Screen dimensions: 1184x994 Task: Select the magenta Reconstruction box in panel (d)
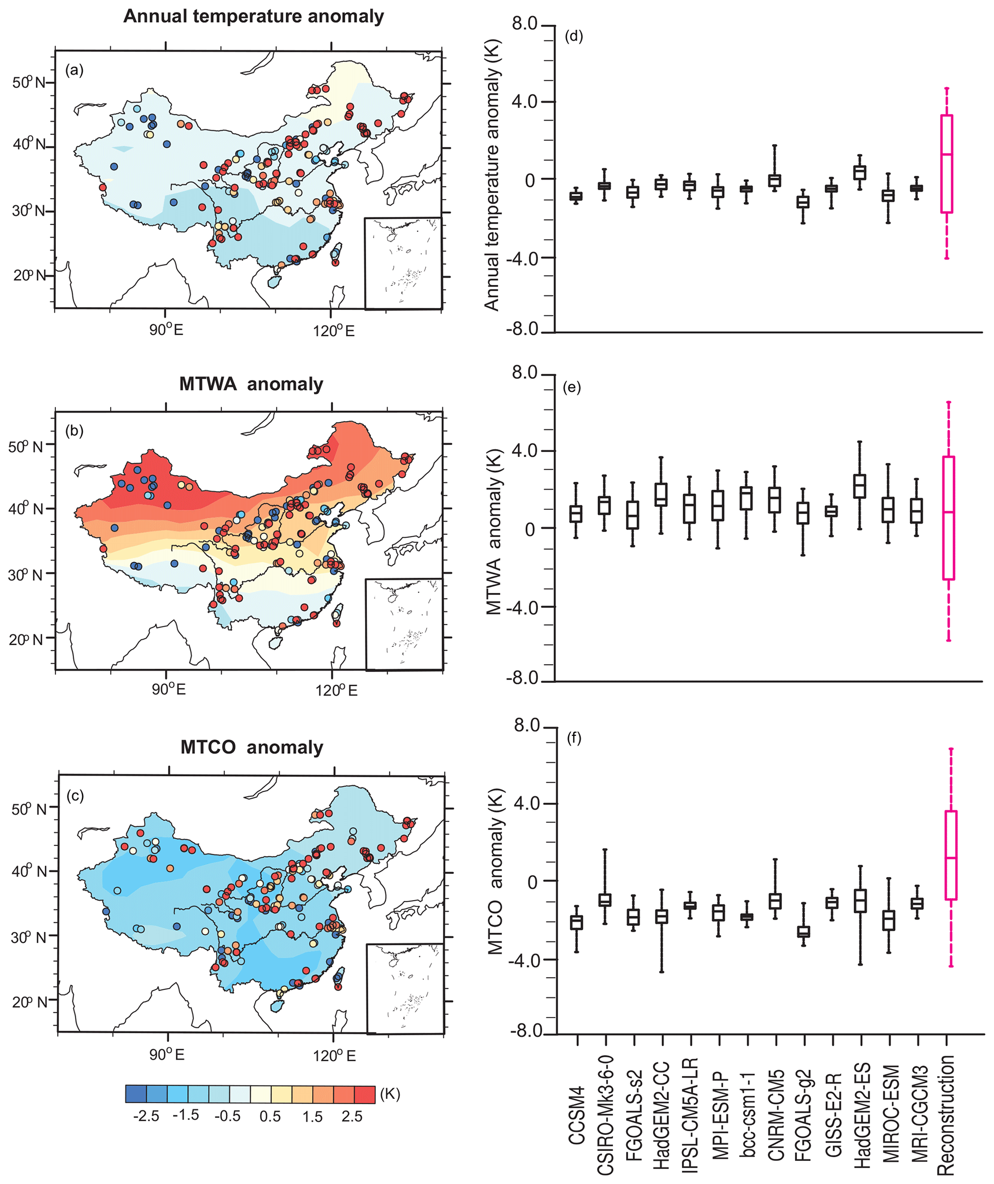(x=947, y=164)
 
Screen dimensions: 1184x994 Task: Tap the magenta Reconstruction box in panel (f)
(x=951, y=855)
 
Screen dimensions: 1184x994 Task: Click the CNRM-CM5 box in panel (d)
(x=775, y=180)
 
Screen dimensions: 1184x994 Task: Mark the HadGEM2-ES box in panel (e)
(x=860, y=486)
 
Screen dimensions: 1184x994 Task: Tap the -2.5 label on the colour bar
(x=146, y=1116)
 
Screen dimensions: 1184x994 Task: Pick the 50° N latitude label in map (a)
(x=29, y=82)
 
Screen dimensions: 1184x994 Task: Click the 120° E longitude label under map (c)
(x=334, y=1056)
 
